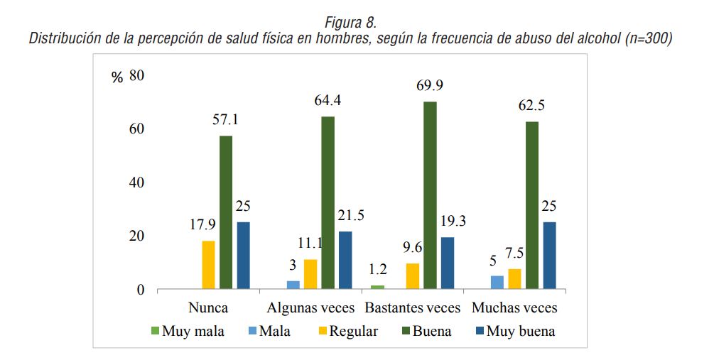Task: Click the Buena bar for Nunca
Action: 226,212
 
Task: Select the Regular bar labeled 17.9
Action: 208,265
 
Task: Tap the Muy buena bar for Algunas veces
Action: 345,260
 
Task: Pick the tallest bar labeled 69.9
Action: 430,195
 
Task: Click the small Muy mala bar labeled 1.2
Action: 378,287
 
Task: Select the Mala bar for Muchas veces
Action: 497,282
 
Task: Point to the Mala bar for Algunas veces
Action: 293,285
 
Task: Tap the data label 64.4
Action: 328,100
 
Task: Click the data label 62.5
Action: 531,107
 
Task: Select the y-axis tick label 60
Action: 136,129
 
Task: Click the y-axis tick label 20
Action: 136,236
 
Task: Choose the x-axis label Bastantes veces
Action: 412,308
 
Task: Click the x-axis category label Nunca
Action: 208,308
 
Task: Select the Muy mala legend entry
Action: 188,331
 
